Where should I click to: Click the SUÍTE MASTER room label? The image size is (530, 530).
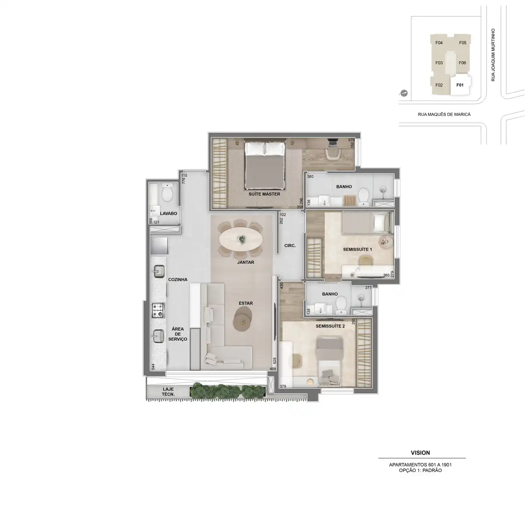click(264, 194)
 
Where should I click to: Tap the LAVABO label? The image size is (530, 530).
click(169, 213)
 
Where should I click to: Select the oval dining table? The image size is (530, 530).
click(241, 239)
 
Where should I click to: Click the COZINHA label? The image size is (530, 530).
click(178, 279)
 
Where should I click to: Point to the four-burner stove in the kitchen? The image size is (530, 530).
click(159, 310)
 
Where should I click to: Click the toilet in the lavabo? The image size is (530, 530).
click(167, 193)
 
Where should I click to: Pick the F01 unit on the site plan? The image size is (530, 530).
click(460, 85)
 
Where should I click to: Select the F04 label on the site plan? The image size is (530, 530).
click(439, 43)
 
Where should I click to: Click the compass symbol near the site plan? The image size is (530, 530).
click(403, 94)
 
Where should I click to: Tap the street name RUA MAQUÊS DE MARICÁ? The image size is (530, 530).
click(444, 114)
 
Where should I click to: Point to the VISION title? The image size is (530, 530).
click(420, 453)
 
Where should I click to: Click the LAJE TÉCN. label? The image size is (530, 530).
click(168, 392)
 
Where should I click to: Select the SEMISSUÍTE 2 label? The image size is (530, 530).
click(330, 326)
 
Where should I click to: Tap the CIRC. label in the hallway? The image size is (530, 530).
click(290, 246)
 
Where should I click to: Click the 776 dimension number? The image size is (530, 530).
click(184, 181)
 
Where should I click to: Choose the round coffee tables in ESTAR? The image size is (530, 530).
click(242, 319)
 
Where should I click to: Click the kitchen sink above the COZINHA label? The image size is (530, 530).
click(159, 272)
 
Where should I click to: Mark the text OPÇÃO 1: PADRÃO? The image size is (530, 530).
click(420, 470)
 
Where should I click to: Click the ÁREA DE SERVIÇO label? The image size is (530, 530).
click(178, 334)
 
